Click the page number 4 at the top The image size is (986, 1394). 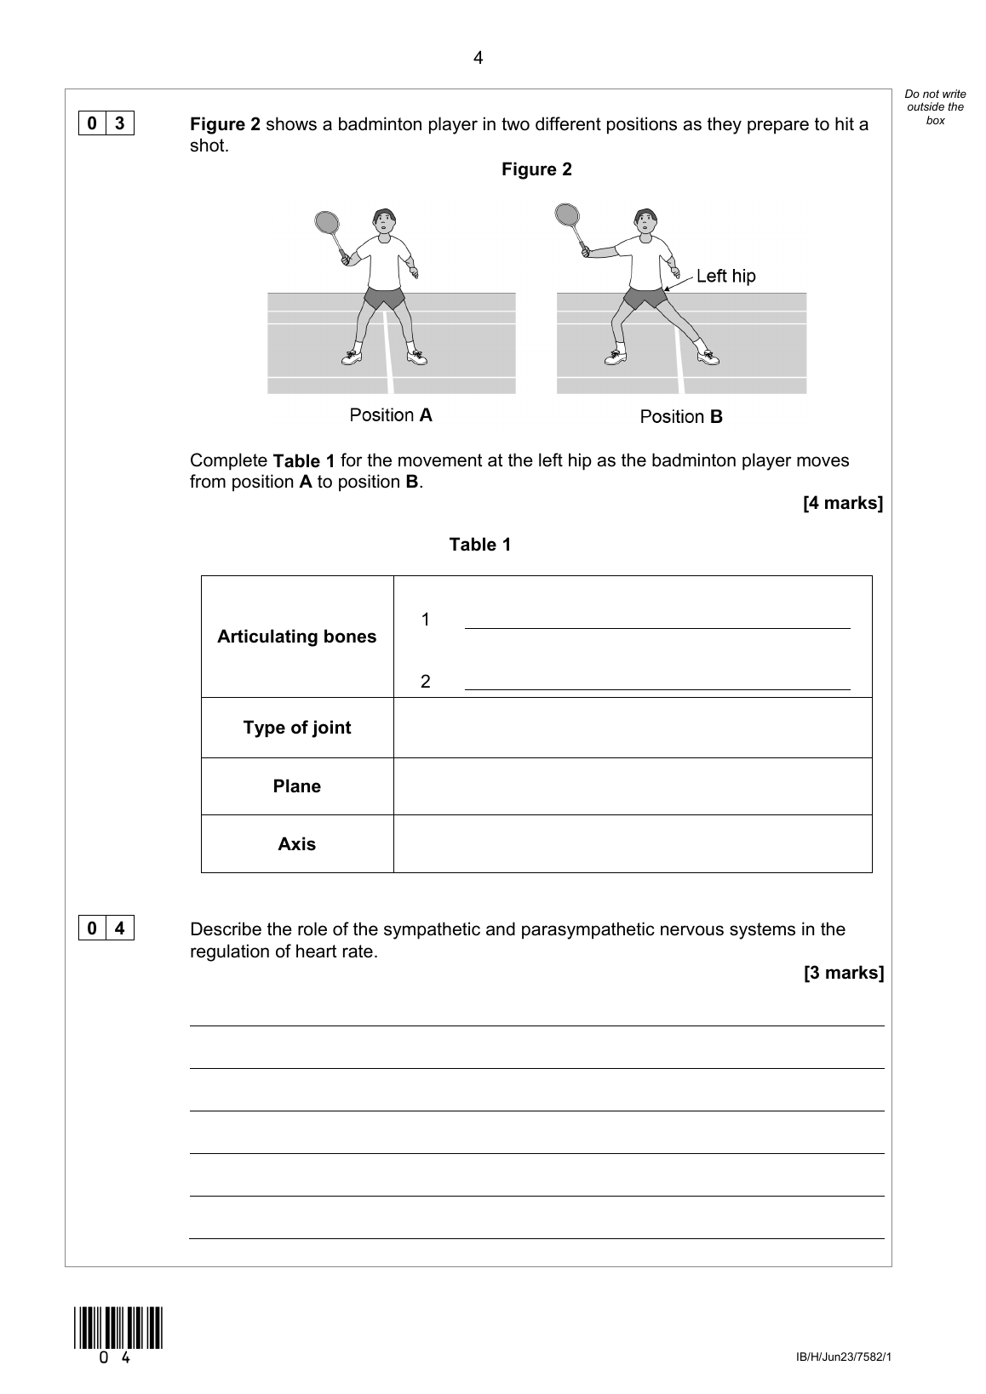pyautogui.click(x=478, y=58)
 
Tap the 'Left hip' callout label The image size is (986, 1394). pyautogui.click(x=725, y=276)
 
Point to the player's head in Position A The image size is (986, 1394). pyautogui.click(x=385, y=221)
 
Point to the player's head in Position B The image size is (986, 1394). pyautogui.click(x=646, y=221)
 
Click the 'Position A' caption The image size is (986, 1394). pyautogui.click(x=391, y=415)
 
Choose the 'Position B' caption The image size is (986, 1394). pyautogui.click(x=681, y=417)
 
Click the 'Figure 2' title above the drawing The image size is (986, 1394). pyautogui.click(x=536, y=169)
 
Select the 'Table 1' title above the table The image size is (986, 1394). pyautogui.click(x=480, y=545)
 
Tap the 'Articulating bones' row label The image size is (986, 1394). pyautogui.click(x=296, y=637)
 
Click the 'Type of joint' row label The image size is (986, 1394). pyautogui.click(x=296, y=728)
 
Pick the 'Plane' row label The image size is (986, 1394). pyautogui.click(x=296, y=786)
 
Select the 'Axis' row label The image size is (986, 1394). pyautogui.click(x=296, y=844)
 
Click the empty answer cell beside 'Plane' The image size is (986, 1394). pyautogui.click(x=633, y=786)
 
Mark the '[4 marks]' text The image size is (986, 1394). pyautogui.click(x=842, y=503)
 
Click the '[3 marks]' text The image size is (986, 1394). pyautogui.click(x=843, y=973)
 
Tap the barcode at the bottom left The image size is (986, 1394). pyautogui.click(x=118, y=1328)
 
